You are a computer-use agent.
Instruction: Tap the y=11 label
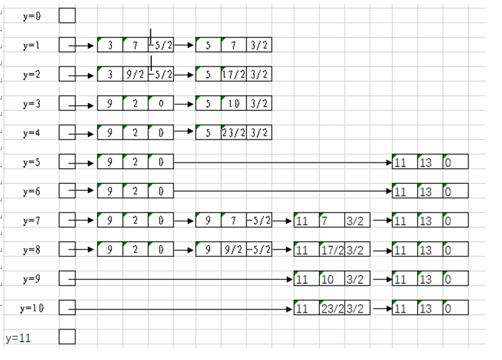(18, 338)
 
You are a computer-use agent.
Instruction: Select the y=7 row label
(31, 221)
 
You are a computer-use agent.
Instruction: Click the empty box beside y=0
(67, 16)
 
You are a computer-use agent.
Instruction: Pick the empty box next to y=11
(67, 337)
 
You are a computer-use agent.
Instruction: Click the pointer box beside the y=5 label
(67, 162)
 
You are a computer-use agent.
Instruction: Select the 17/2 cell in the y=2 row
(234, 74)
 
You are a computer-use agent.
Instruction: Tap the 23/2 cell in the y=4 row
(234, 133)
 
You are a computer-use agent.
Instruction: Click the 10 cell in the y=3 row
(234, 104)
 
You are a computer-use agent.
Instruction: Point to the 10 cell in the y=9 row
(331, 279)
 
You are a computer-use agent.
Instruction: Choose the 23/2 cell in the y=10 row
(331, 309)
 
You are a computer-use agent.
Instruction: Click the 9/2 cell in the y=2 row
(135, 74)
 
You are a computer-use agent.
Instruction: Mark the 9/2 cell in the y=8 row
(234, 250)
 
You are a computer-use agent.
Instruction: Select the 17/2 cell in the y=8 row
(331, 250)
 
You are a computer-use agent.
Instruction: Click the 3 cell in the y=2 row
(110, 74)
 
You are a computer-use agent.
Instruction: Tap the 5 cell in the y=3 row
(208, 104)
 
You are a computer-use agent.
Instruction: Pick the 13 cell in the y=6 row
(429, 191)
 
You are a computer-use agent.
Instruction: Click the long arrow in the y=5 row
(283, 162)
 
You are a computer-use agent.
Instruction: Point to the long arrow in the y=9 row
(184, 279)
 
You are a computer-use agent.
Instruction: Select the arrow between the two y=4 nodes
(184, 133)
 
